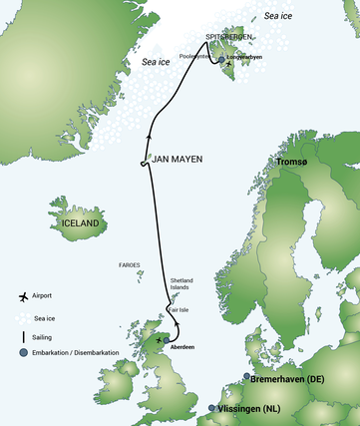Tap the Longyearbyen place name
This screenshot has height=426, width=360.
pyautogui.click(x=248, y=58)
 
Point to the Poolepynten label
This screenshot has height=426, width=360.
pyautogui.click(x=194, y=58)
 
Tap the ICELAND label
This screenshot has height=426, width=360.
pyautogui.click(x=79, y=223)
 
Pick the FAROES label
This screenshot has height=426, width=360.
pyautogui.click(x=130, y=265)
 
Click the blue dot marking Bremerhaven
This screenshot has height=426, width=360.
pyautogui.click(x=246, y=377)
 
